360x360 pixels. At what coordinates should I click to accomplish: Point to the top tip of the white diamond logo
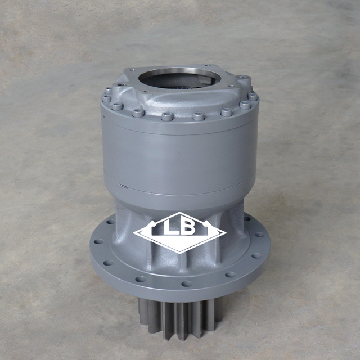180,212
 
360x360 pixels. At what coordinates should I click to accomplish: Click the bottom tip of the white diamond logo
179,253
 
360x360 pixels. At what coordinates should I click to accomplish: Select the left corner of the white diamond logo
134,232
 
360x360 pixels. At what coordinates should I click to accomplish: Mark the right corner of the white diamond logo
226,232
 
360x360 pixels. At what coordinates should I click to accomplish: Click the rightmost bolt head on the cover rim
253,97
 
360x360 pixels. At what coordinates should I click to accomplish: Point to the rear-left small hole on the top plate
130,70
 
